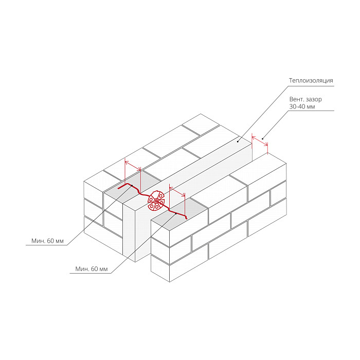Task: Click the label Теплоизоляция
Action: (x=311, y=81)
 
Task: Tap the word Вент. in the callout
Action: (x=296, y=99)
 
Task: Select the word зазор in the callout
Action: (x=314, y=100)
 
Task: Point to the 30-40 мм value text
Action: (x=302, y=106)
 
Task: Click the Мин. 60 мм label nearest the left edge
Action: (x=47, y=241)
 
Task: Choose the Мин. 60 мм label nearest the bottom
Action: (x=92, y=269)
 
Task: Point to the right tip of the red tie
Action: (x=186, y=219)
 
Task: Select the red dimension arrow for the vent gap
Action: (x=260, y=141)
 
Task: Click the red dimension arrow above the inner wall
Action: (x=133, y=166)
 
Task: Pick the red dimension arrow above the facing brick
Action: (x=177, y=192)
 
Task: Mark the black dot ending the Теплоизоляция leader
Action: (x=238, y=141)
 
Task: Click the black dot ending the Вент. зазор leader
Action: (x=263, y=139)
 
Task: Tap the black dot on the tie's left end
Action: (x=132, y=186)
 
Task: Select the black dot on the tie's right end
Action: (x=176, y=214)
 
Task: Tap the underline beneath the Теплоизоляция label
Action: (x=311, y=86)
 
